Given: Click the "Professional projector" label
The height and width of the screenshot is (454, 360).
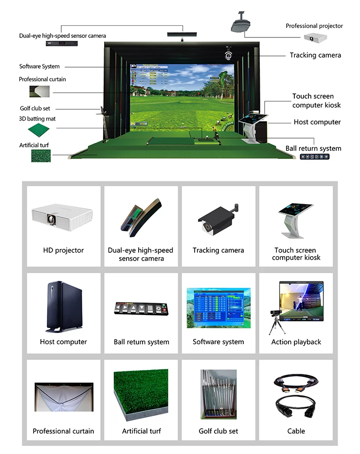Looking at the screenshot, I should click(x=314, y=26).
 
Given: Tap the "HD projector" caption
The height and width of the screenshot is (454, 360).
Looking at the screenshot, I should click(x=63, y=250).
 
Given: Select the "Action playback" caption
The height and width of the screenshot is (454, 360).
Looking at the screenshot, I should click(x=296, y=342).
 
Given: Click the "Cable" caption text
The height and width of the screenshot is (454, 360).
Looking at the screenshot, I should click(x=296, y=431).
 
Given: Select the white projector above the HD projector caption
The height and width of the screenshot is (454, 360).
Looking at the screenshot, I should click(x=62, y=216).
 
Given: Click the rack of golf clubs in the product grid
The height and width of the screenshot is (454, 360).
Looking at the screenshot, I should click(x=218, y=395).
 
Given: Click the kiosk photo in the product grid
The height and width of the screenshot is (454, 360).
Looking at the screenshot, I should click(x=296, y=220).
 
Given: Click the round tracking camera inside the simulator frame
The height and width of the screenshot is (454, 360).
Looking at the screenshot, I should click(x=228, y=55).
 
